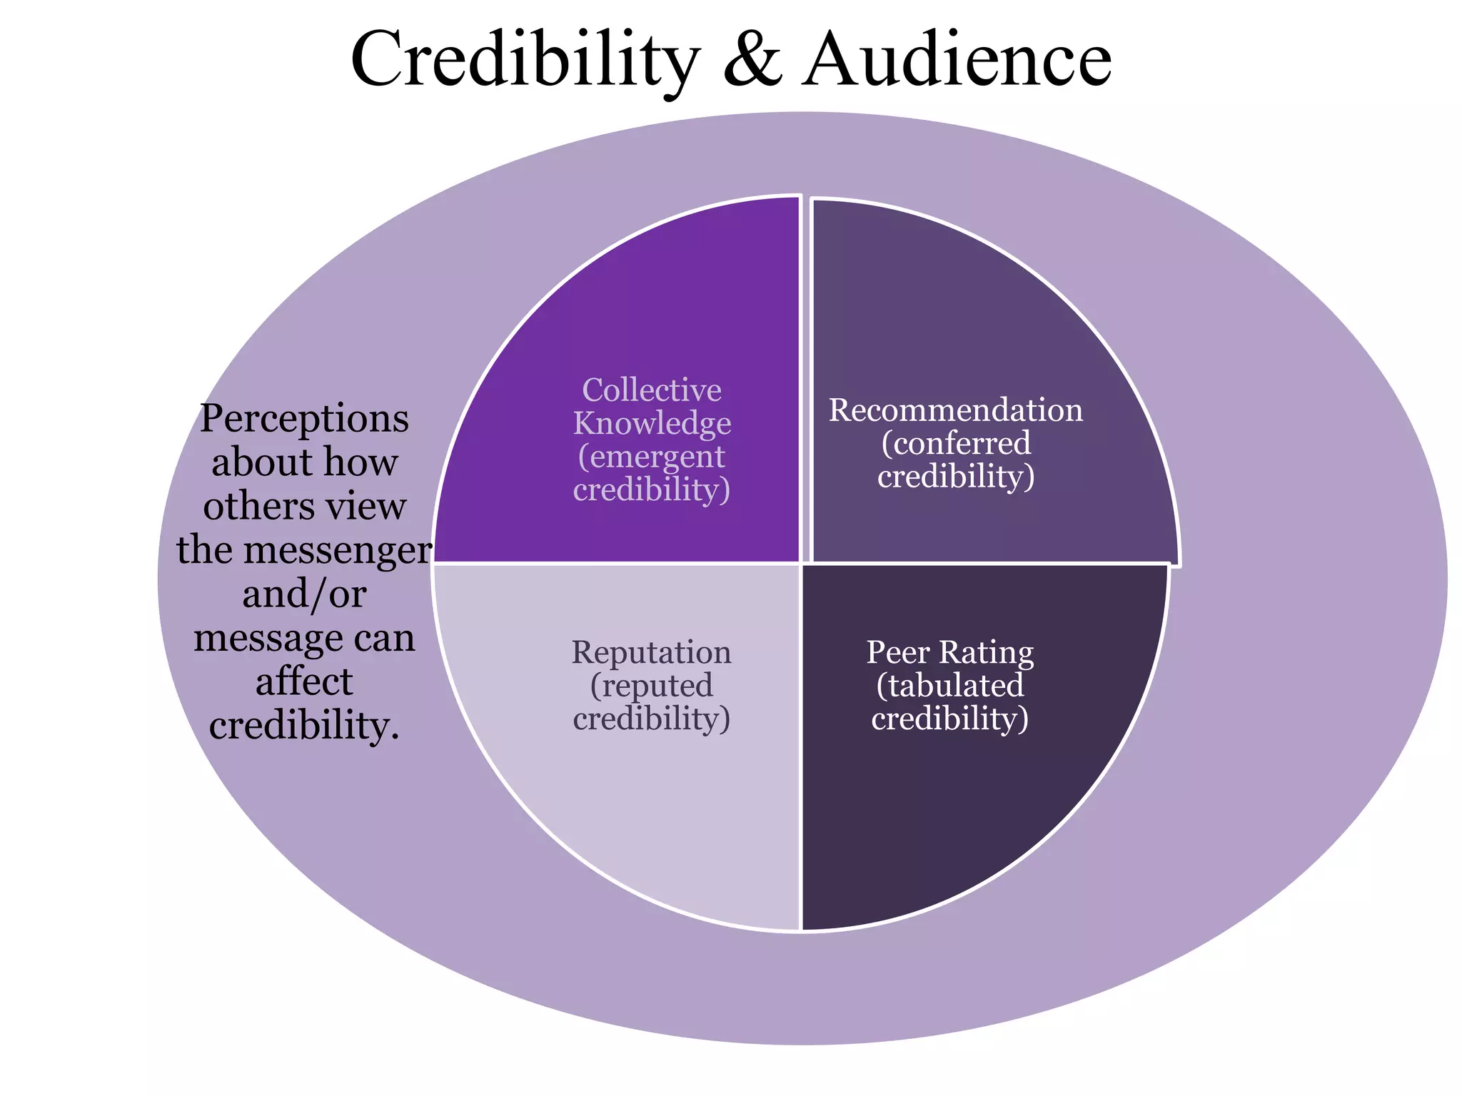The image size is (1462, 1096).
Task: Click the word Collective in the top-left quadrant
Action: click(x=652, y=390)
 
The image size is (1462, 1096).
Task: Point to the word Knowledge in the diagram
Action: click(x=652, y=424)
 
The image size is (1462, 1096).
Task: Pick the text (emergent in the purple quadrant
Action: click(x=652, y=457)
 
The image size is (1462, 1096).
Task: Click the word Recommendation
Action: click(x=955, y=410)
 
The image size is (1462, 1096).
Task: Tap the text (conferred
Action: click(x=955, y=444)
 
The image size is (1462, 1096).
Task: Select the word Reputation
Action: click(x=651, y=653)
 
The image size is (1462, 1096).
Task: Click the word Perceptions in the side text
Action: click(x=304, y=419)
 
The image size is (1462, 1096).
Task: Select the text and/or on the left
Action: click(x=304, y=594)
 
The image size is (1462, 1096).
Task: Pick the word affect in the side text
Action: click(x=304, y=681)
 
